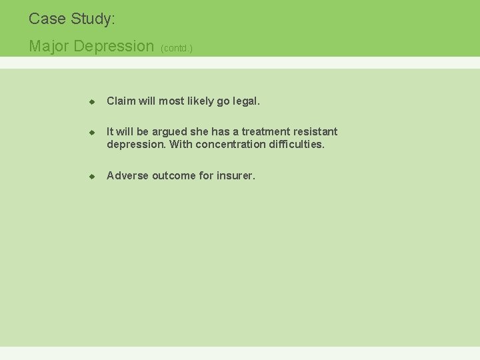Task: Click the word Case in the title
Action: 46,19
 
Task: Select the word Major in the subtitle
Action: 49,46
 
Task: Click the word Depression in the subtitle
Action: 114,46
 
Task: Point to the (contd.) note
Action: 177,48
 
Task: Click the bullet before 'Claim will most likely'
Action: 93,102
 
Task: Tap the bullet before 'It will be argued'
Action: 93,133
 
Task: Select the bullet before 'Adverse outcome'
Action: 93,177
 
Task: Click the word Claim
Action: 121,101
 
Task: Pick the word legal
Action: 245,101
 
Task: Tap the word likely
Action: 200,101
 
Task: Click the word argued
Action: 171,132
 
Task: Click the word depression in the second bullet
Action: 136,145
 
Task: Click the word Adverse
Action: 127,176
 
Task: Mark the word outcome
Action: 174,176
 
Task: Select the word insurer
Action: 235,176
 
